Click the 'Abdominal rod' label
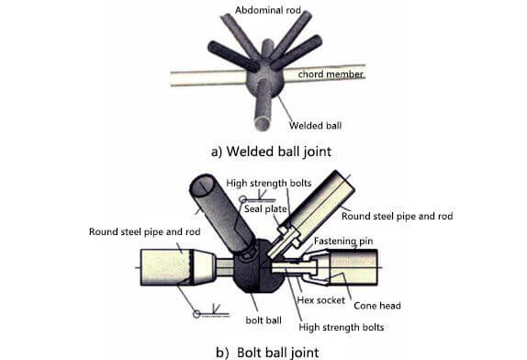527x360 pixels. [267, 10]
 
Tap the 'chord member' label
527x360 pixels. [331, 74]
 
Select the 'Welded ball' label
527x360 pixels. [315, 126]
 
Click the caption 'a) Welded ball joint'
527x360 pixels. [271, 152]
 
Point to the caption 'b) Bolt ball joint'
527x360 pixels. [267, 353]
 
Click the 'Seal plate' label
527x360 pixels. [265, 209]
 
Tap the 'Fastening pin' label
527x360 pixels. [343, 242]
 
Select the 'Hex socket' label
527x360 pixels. [321, 300]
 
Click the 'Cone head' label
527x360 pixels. [377, 306]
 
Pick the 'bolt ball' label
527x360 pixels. [263, 321]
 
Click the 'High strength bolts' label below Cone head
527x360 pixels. [342, 327]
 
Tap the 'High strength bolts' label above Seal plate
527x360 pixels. [268, 183]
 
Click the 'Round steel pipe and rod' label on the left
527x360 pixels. [144, 232]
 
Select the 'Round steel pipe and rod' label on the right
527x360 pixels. [397, 216]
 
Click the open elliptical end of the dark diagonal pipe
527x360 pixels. [202, 186]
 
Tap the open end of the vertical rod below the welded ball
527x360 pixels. [263, 123]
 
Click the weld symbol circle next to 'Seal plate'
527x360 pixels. [242, 199]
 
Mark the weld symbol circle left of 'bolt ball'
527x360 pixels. [197, 314]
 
